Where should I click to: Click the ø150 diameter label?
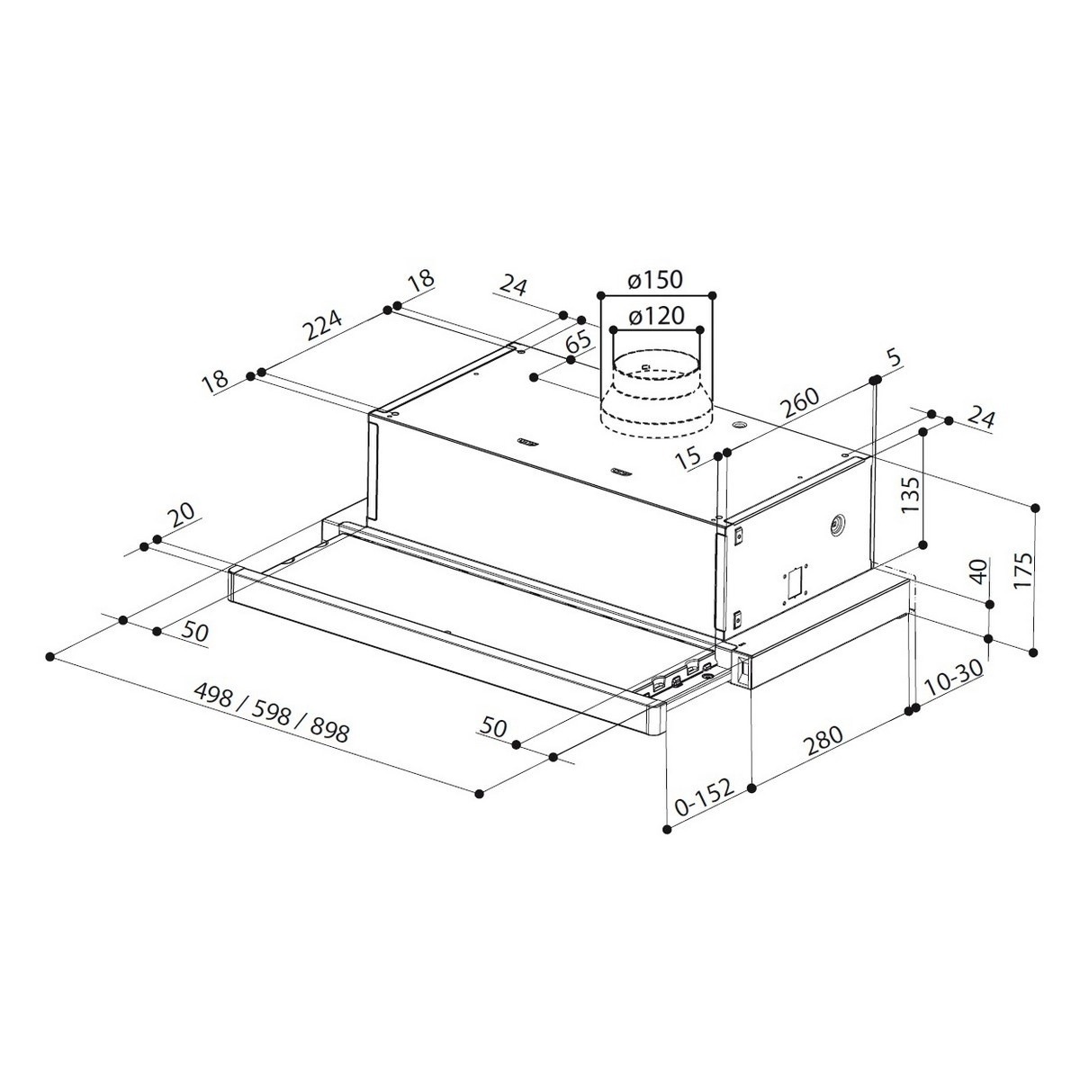656,280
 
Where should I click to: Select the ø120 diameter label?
656,317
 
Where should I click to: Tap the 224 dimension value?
321,325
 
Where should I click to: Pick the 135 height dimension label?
910,494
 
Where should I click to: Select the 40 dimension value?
978,571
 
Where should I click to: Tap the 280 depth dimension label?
823,741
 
